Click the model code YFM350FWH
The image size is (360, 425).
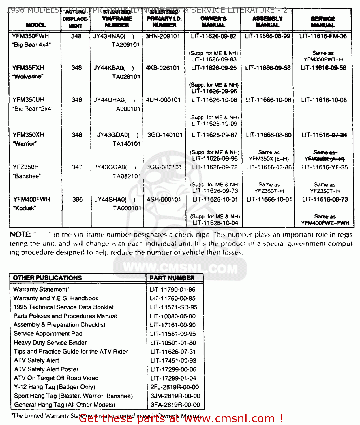click(x=30, y=36)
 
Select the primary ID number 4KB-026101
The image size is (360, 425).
click(x=162, y=68)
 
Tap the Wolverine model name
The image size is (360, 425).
click(x=28, y=77)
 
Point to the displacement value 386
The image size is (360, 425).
click(x=77, y=199)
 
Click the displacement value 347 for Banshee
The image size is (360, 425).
click(x=77, y=167)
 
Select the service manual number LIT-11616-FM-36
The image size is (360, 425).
click(x=323, y=36)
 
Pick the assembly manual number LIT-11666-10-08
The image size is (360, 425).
click(x=268, y=100)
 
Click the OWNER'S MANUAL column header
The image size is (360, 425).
click(x=213, y=22)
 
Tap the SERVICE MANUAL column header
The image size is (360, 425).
click(x=323, y=22)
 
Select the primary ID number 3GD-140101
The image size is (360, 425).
click(x=165, y=135)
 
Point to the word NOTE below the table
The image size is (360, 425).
click(x=20, y=235)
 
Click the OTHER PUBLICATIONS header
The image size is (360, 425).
click(x=47, y=278)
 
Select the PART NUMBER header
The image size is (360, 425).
click(x=172, y=278)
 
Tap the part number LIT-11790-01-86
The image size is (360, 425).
click(x=172, y=290)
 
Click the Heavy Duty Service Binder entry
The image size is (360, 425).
click(x=50, y=343)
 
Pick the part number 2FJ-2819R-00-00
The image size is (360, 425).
click(x=175, y=387)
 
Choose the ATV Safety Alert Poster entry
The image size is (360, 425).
click(x=46, y=369)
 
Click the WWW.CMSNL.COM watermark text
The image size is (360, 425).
click(x=180, y=268)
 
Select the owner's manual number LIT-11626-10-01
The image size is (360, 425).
click(x=215, y=199)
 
